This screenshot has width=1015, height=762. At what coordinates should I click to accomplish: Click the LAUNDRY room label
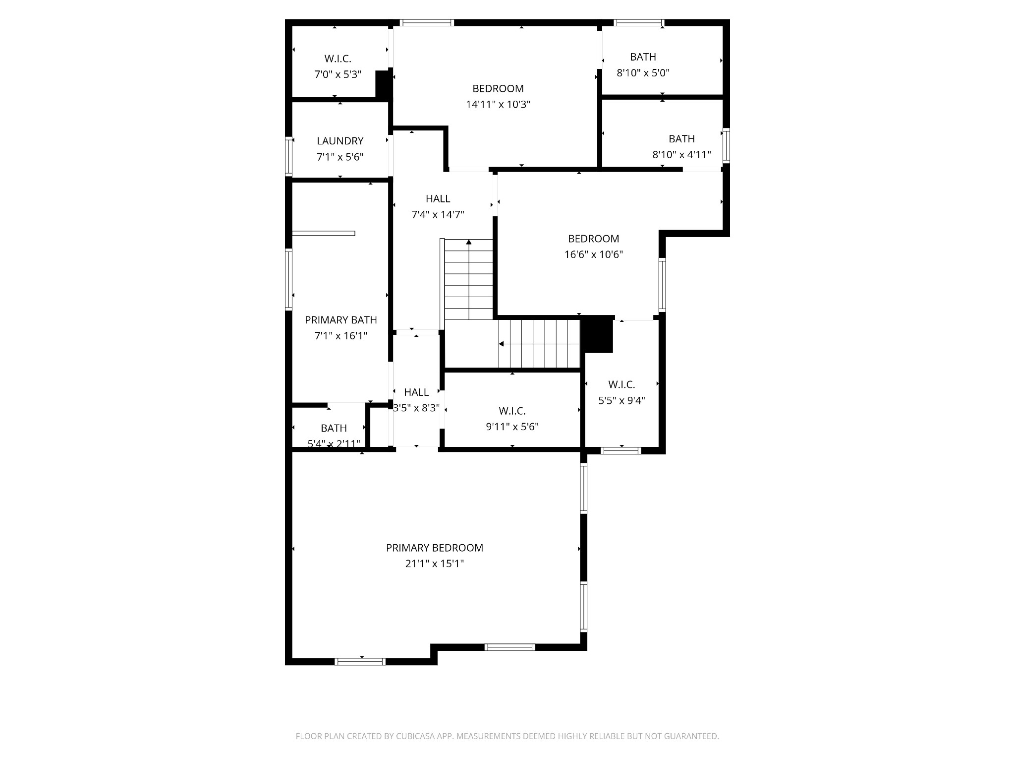(340, 141)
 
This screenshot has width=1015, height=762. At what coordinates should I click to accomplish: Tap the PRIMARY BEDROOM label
(434, 548)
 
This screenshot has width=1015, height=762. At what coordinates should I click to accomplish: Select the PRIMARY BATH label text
(340, 320)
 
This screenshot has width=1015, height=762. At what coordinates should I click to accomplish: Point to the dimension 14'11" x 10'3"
(498, 105)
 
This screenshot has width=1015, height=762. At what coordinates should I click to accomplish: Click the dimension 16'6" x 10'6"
(593, 254)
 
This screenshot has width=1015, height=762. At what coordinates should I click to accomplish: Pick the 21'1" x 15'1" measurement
(434, 564)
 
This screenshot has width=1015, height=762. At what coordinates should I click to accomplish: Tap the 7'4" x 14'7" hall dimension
(438, 215)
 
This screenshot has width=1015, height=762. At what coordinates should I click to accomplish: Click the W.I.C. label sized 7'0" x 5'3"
(338, 59)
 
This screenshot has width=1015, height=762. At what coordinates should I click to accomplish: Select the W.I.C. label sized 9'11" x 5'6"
(512, 411)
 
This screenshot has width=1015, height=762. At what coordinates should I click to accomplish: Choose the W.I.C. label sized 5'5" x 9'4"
(621, 384)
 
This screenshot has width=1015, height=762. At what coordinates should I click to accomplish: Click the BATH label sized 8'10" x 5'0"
(643, 57)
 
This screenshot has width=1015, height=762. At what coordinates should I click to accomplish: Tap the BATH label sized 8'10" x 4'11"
(681, 139)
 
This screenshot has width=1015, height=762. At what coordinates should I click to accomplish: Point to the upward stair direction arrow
(468, 243)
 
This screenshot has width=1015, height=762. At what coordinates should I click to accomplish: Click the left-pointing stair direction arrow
(502, 344)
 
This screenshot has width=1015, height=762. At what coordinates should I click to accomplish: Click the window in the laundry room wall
(288, 156)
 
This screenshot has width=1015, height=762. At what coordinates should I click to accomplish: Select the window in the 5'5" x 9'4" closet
(620, 450)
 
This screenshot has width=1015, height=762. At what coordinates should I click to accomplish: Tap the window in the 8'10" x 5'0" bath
(638, 22)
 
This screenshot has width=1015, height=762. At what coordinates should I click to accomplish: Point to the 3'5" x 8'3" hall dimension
(416, 408)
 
